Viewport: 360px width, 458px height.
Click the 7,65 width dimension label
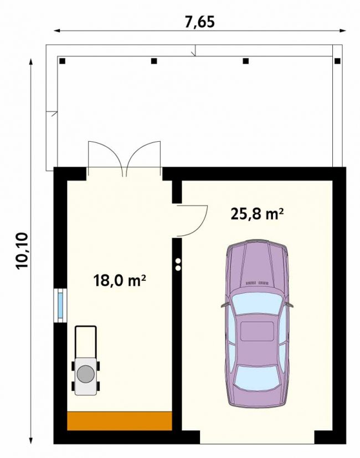(x=200, y=22)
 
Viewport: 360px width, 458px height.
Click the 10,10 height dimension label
(x=23, y=251)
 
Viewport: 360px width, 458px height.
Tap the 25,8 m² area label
(x=257, y=214)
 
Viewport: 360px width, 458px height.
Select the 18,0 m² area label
(x=120, y=281)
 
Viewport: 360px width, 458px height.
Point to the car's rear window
(x=256, y=378)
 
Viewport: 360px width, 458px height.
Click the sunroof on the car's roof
(x=257, y=332)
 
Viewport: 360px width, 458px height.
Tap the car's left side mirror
(x=225, y=305)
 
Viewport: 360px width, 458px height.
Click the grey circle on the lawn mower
(x=86, y=374)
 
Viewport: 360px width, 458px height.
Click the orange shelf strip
(x=120, y=421)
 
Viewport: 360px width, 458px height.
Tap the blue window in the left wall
(x=60, y=306)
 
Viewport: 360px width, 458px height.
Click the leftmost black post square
(x=62, y=61)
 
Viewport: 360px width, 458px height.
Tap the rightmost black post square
(x=337, y=61)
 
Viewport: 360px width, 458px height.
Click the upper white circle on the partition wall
(x=178, y=261)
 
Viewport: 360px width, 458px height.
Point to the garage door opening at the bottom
(x=257, y=437)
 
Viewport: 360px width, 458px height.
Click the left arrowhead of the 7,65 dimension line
(x=57, y=30)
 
